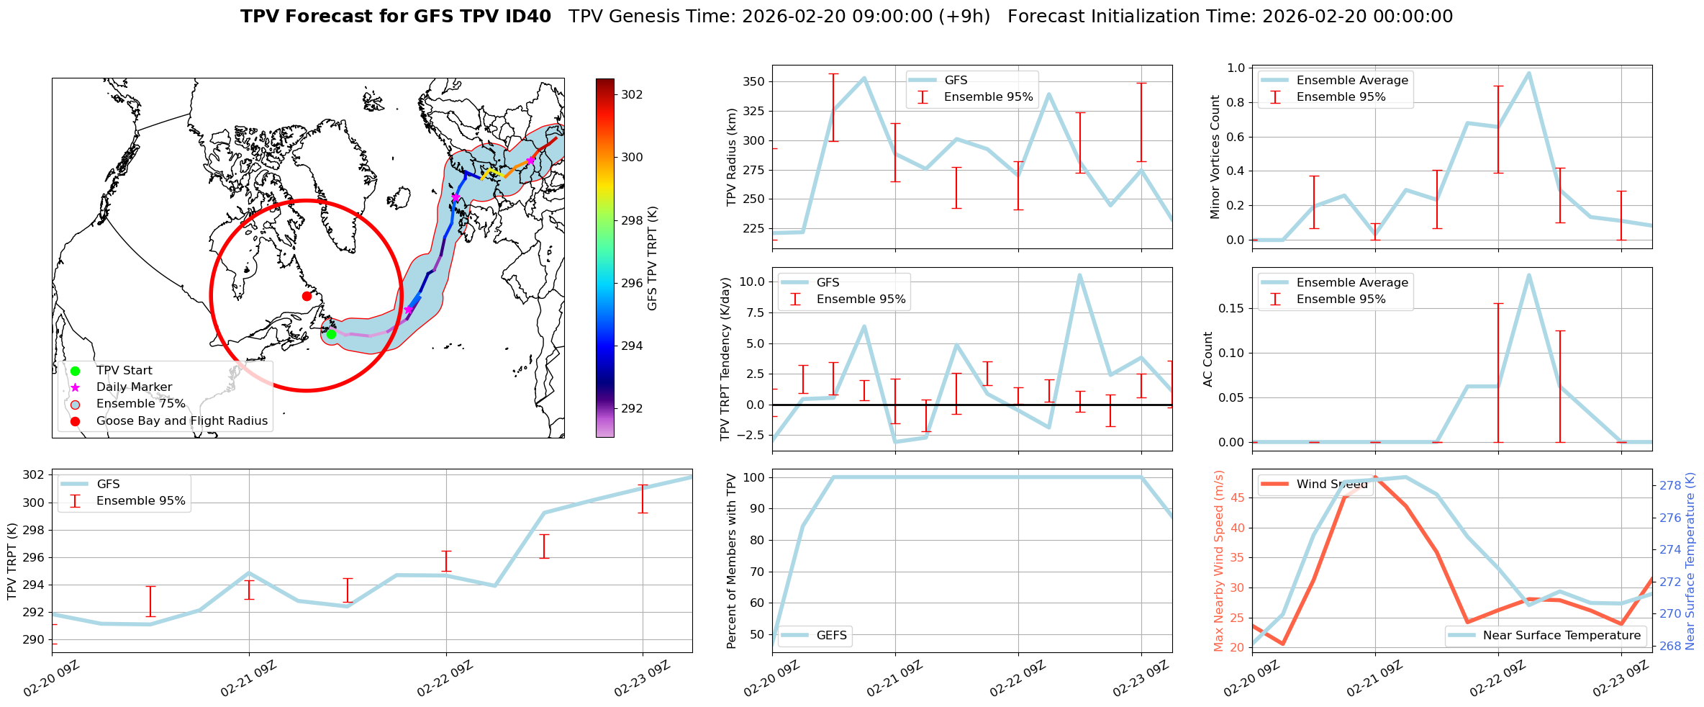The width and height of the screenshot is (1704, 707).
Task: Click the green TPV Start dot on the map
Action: coord(331,334)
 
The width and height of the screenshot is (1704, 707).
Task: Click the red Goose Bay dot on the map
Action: coord(307,296)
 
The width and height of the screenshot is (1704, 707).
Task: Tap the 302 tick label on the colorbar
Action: coord(632,94)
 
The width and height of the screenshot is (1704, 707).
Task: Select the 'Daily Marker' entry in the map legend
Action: coord(134,387)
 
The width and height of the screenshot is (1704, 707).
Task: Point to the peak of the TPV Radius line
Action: coord(864,78)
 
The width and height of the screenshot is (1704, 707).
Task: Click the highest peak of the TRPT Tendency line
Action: coord(1079,275)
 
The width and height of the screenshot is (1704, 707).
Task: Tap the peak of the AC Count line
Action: coord(1528,274)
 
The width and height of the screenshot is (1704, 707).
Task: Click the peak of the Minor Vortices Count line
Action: coord(1528,73)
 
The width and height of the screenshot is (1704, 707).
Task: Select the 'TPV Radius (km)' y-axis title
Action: coord(732,157)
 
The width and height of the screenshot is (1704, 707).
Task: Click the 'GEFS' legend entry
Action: coord(831,635)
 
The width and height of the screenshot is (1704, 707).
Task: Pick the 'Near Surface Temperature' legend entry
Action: coord(1562,635)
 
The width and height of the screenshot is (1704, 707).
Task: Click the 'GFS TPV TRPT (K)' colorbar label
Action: coord(653,258)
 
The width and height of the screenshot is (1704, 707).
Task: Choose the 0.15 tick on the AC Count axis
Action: coord(1231,308)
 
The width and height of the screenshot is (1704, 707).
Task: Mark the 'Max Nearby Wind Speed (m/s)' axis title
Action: coord(1218,560)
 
